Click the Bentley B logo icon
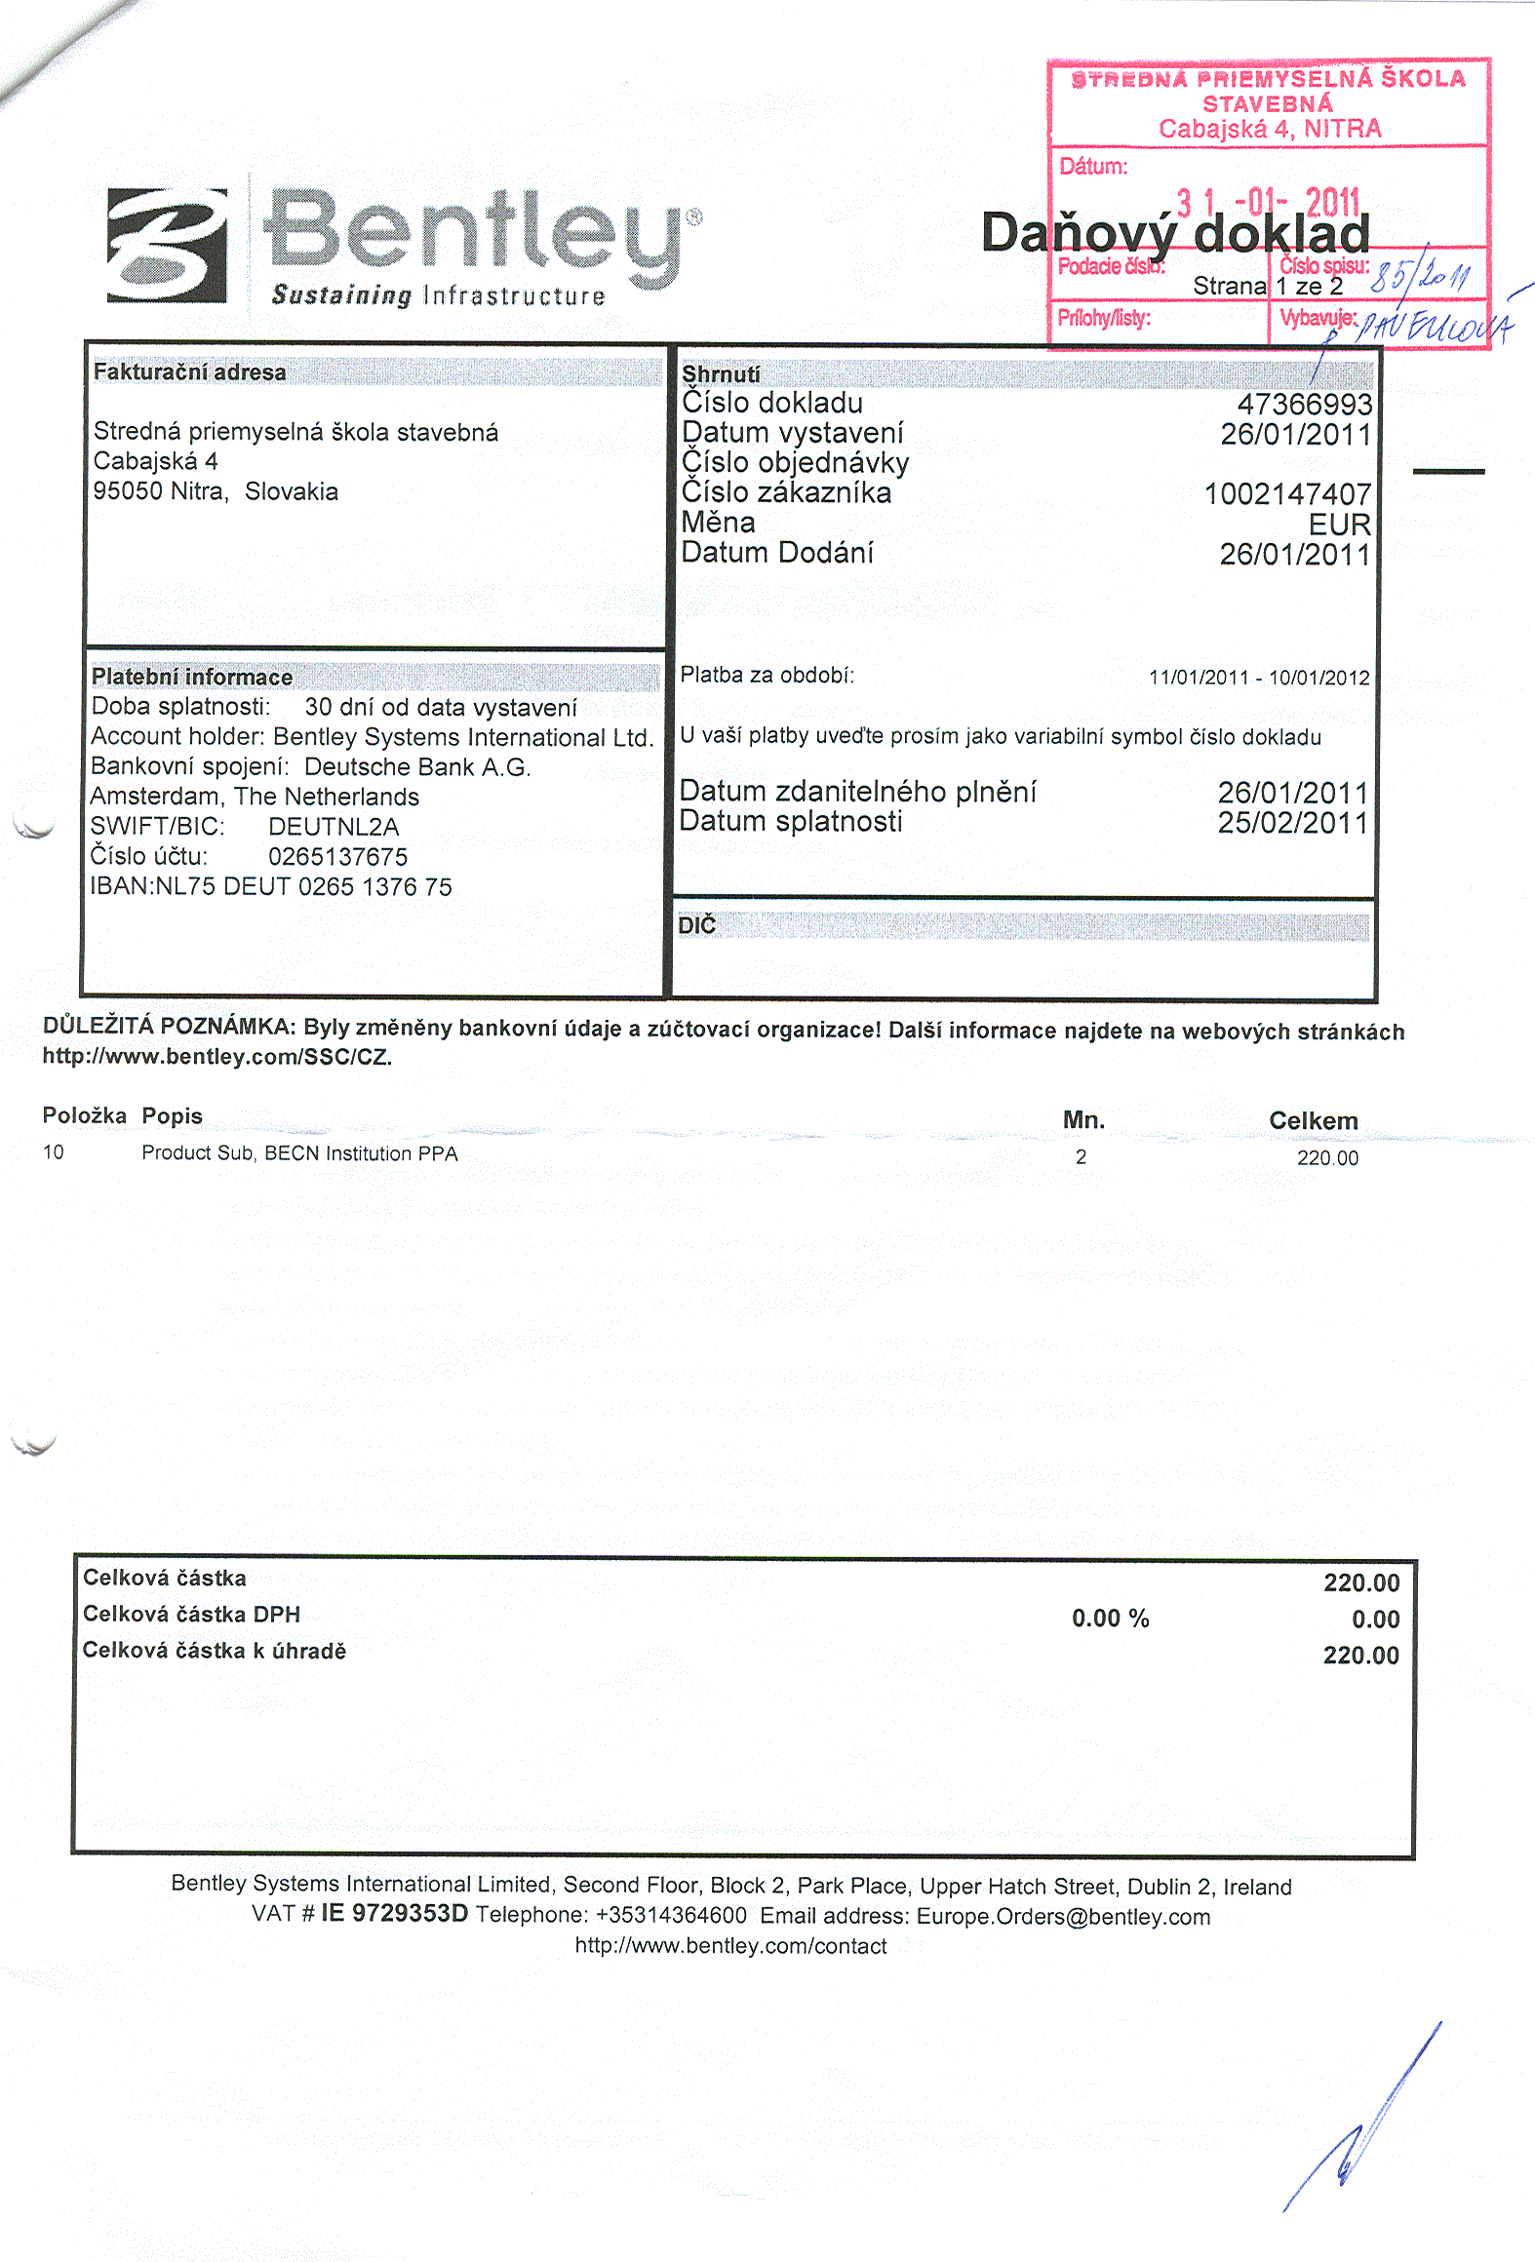tap(167, 246)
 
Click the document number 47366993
tap(1304, 405)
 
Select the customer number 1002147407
tap(1287, 494)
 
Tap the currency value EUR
tap(1339, 525)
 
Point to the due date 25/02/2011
tap(1292, 823)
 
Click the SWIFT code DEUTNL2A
tap(334, 827)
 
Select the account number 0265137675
tap(337, 857)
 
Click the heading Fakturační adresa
tap(190, 371)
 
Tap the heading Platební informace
tap(192, 677)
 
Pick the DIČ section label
tap(697, 925)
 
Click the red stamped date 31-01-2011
tap(1268, 203)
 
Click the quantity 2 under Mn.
tap(1081, 1157)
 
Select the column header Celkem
tap(1313, 1121)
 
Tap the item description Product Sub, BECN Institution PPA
tap(299, 1153)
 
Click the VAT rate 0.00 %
tap(1110, 1618)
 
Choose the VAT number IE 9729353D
tap(394, 1913)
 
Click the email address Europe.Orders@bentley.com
tap(1063, 1917)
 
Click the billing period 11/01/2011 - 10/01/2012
tap(1259, 678)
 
